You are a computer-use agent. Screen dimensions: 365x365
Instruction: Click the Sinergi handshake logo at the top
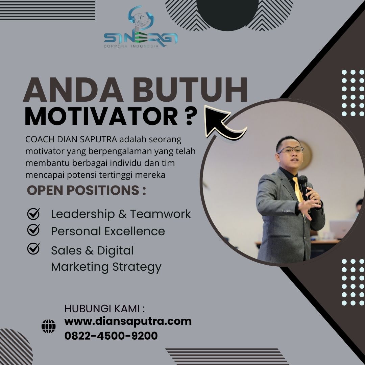click(141, 27)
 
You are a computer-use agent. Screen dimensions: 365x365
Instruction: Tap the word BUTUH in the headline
click(190, 90)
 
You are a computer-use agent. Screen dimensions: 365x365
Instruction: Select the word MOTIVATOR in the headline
click(101, 116)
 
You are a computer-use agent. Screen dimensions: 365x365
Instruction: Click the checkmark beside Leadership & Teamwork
click(33, 214)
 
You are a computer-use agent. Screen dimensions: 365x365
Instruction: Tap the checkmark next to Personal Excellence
click(33, 230)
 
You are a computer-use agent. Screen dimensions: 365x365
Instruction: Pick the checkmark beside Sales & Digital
click(33, 248)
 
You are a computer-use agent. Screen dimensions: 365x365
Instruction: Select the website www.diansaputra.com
click(128, 321)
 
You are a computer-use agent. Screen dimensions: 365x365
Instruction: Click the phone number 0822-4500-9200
click(111, 336)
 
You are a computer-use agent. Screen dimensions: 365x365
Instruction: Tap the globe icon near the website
click(48, 326)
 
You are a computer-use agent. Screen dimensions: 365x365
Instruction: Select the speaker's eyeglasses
click(291, 150)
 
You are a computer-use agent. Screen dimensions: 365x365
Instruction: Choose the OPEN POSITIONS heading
click(87, 190)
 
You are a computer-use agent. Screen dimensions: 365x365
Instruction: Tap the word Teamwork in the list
click(161, 214)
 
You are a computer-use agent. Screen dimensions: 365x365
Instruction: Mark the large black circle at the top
click(227, 13)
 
